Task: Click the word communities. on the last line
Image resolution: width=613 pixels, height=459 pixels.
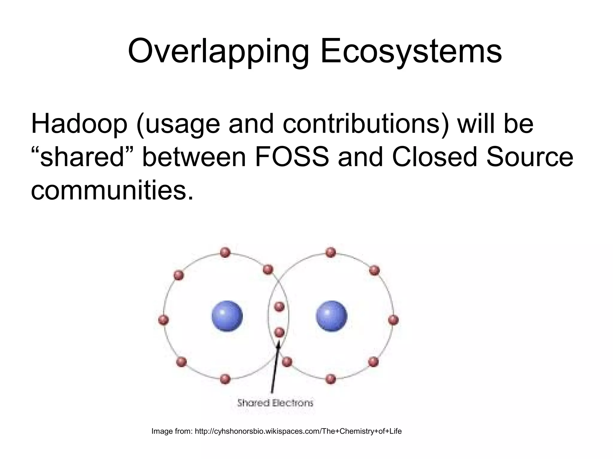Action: pos(112,190)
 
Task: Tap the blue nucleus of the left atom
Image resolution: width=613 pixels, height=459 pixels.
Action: pos(227,316)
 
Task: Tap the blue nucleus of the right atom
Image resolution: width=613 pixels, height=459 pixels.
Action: pos(331,316)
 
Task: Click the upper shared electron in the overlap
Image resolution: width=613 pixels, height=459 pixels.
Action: pos(279,306)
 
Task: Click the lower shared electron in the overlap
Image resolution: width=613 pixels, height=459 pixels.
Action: pos(279,332)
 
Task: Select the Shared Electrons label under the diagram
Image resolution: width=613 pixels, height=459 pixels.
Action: pos(275,403)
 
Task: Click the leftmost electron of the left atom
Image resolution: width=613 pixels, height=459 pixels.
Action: pos(163,320)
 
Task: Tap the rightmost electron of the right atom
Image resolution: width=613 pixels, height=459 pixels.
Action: pos(393,320)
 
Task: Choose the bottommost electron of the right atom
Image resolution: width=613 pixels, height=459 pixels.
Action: pos(330,379)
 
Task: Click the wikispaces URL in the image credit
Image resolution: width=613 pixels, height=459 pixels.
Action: pos(298,431)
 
